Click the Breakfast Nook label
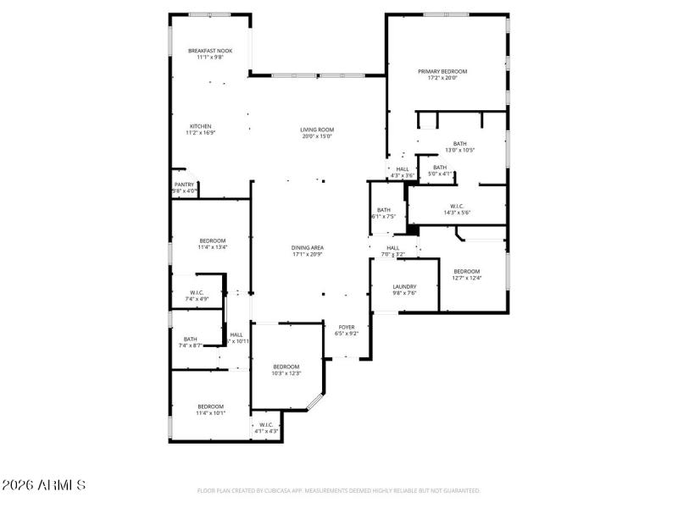click(x=209, y=51)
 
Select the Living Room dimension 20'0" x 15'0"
click(x=317, y=136)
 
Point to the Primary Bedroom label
click(x=442, y=71)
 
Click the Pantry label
click(x=184, y=185)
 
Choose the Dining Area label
click(x=308, y=247)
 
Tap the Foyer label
click(x=347, y=327)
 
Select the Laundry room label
click(x=404, y=286)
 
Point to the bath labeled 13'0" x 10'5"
click(x=459, y=144)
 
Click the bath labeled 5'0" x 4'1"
click(x=440, y=168)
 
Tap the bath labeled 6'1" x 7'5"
click(x=384, y=210)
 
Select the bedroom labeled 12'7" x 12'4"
click(x=466, y=271)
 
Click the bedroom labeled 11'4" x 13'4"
click(x=212, y=240)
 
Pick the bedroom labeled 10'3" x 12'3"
click(x=286, y=367)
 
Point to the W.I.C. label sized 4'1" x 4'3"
click(x=266, y=425)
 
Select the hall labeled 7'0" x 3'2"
click(x=393, y=248)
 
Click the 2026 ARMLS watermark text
click(x=43, y=485)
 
